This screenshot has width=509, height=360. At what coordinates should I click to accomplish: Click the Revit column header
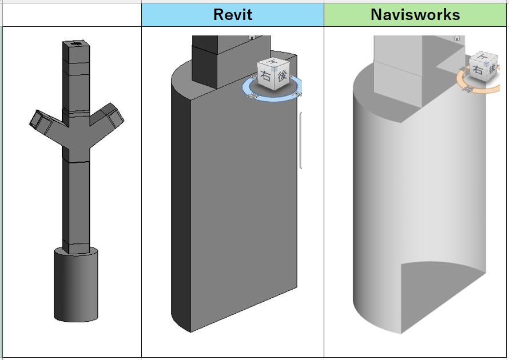233,14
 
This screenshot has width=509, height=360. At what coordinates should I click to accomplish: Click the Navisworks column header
415,14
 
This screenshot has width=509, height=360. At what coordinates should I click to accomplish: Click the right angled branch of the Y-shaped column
108,119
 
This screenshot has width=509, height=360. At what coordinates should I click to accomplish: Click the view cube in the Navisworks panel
483,67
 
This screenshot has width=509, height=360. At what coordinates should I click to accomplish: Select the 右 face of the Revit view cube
266,78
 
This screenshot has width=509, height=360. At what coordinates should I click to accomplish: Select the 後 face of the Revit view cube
282,75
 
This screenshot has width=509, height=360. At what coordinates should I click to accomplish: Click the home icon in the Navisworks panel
456,37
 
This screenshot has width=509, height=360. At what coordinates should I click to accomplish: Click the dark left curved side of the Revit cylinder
180,206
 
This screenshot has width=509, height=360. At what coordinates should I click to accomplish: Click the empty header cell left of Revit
72,14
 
